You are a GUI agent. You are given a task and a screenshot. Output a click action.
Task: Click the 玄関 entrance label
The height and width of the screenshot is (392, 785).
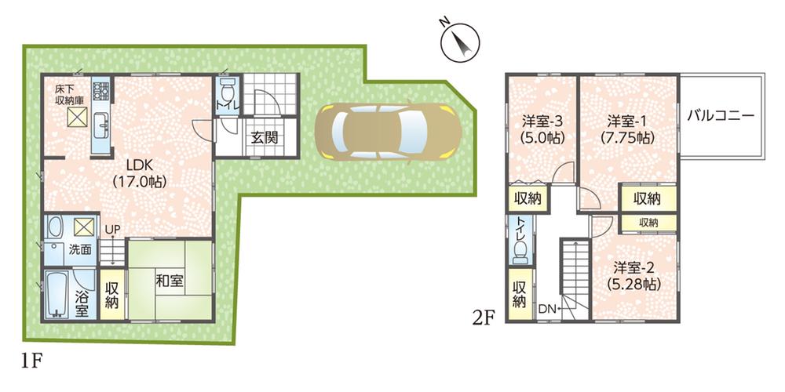click(x=263, y=139)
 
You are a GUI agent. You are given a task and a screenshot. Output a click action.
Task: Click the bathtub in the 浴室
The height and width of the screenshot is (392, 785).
click(x=57, y=295)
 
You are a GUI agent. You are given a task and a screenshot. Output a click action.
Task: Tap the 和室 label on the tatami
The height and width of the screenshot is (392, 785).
click(x=170, y=280)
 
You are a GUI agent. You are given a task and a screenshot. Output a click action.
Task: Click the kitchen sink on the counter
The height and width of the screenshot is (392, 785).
click(x=101, y=125)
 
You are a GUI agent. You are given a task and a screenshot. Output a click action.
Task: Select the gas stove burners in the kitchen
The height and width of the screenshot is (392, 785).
click(x=100, y=91)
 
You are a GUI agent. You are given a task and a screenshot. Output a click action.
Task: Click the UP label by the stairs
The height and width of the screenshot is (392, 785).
click(x=113, y=229)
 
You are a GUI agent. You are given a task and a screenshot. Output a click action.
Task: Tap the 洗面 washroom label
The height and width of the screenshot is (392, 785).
click(x=80, y=249)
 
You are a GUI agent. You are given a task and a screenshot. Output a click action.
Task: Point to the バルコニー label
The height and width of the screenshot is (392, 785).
click(x=721, y=115)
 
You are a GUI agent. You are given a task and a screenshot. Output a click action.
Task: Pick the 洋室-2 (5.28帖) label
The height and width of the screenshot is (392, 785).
click(x=633, y=275)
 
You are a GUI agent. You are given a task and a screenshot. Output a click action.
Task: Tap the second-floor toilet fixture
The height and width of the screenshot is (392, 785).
click(x=519, y=252)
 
